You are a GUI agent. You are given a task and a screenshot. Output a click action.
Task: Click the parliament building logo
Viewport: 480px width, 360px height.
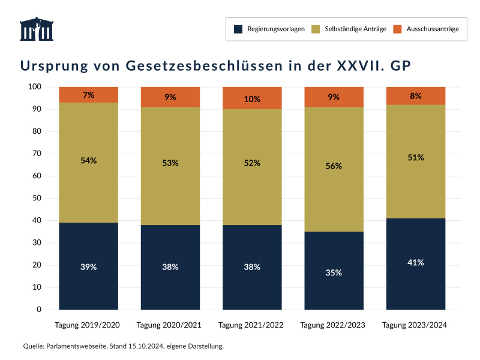pos(37,29)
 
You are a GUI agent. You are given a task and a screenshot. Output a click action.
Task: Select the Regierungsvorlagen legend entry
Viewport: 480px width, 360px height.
pos(270,29)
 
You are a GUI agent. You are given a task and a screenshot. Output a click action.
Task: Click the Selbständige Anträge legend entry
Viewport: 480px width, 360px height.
pos(349,29)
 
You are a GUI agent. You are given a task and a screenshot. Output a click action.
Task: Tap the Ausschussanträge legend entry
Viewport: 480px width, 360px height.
pos(426,29)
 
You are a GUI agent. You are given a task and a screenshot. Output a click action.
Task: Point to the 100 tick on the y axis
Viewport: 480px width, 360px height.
pos(34,87)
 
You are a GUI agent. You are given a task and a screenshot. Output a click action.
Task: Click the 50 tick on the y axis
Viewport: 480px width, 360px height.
pos(37,198)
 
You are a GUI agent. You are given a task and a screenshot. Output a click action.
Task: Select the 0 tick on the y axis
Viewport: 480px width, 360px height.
pos(38,310)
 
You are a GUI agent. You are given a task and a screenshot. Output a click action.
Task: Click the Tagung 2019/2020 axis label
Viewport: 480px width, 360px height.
pos(88,325)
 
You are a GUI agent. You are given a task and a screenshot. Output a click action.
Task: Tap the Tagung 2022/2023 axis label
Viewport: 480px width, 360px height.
pos(334,325)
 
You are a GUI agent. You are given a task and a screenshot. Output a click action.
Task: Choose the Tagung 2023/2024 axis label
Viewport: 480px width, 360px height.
pos(415,325)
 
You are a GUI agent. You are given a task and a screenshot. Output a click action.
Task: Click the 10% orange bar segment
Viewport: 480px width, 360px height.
pos(252,98)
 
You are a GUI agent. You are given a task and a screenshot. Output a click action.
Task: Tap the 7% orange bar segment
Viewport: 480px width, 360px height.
pos(88,95)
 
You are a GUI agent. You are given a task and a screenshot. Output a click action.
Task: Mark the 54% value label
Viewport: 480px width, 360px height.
pos(88,161)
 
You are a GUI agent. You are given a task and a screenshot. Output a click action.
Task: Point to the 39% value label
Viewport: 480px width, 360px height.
pos(88,266)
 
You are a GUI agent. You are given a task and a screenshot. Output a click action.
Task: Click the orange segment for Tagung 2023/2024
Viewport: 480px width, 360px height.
pos(416,96)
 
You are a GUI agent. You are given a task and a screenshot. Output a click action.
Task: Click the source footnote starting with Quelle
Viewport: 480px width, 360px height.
pos(123,346)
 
